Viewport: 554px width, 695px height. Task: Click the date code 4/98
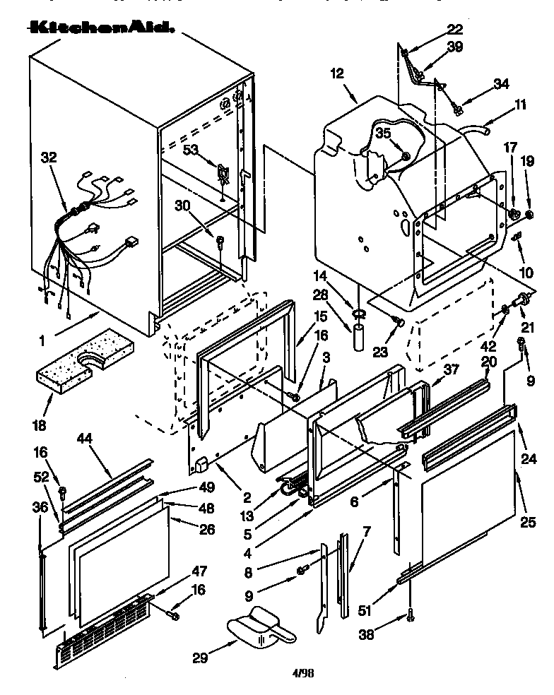302,674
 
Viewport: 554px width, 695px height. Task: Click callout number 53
191,150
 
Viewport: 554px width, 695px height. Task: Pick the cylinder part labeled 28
359,335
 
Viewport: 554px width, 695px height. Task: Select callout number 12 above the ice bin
336,73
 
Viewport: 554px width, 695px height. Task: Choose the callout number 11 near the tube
521,105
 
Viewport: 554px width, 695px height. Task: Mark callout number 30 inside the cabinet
182,206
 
